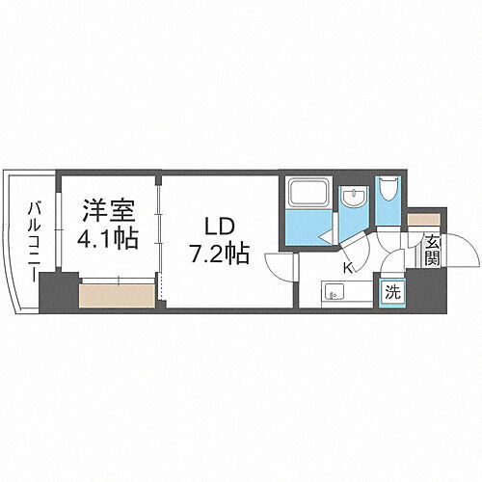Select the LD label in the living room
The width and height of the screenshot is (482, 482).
[217, 229]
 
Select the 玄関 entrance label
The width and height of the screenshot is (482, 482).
[432, 251]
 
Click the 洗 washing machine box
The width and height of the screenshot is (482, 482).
[394, 290]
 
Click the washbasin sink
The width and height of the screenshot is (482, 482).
[353, 200]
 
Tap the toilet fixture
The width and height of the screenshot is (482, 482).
[388, 189]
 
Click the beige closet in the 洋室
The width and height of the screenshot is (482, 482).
[117, 293]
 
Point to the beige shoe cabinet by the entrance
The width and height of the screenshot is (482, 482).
[421, 219]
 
